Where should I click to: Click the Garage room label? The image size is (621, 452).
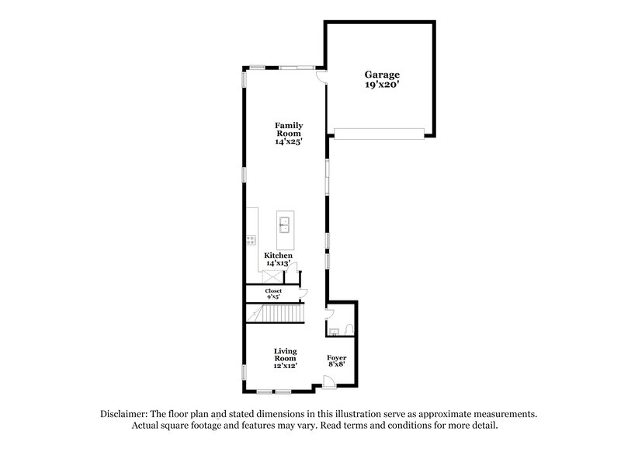click(x=383, y=75)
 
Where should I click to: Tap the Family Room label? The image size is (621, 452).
click(x=287, y=129)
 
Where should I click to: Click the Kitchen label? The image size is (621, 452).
click(x=278, y=256)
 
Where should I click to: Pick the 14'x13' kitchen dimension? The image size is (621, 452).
click(x=278, y=264)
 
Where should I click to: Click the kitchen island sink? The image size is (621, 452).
click(x=285, y=225)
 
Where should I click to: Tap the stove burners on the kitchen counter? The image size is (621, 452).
click(x=252, y=240)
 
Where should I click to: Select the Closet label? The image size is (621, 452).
click(x=274, y=290)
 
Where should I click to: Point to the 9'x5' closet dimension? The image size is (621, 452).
click(x=274, y=297)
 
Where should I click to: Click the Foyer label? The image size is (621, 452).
click(x=336, y=357)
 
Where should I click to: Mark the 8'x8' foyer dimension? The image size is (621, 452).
click(x=336, y=365)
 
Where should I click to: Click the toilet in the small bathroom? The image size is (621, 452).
click(x=349, y=329)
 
